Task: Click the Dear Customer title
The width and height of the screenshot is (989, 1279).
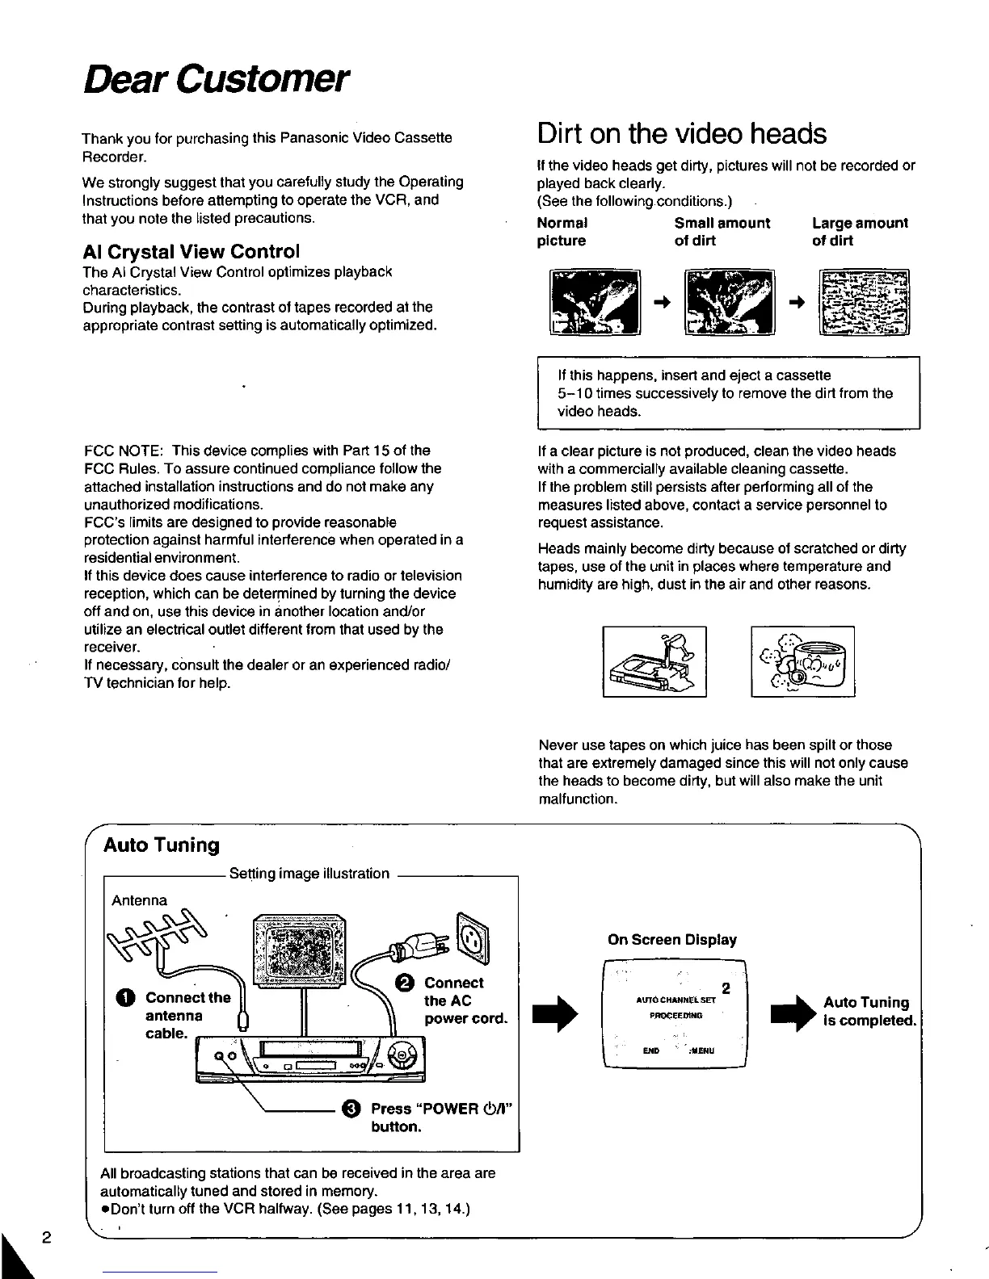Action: [217, 81]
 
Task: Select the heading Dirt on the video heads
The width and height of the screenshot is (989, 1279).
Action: [682, 134]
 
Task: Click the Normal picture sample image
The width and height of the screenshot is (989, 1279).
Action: [595, 302]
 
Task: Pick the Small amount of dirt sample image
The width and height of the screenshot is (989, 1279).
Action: [729, 302]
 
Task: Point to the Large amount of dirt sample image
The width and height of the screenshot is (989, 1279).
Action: [864, 302]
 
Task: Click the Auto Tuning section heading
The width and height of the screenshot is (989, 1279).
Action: [162, 845]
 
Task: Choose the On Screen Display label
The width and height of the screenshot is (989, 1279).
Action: [671, 940]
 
